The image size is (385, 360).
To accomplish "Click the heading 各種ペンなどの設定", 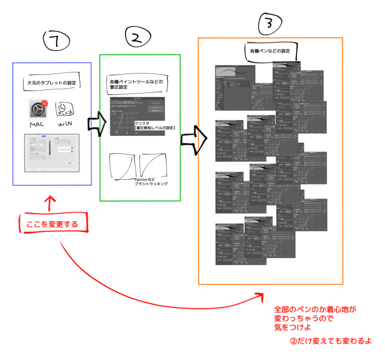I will (270, 51).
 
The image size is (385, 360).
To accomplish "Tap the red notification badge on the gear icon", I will (44, 104).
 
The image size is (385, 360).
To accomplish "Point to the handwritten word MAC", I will (38, 125).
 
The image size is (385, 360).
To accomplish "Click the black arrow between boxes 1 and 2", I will (97, 123).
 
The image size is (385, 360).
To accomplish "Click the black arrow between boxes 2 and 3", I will (194, 139).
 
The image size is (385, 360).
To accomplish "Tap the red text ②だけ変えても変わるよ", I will (331, 340).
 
